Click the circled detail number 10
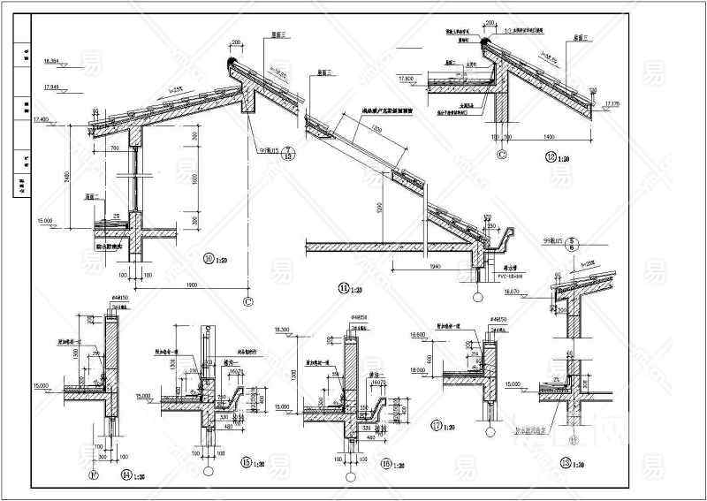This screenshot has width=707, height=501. [210, 259]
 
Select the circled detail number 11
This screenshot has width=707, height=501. [343, 287]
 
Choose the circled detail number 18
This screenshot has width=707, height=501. [566, 463]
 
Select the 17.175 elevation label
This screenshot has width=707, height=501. [612, 105]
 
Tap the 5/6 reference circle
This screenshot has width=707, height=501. [573, 241]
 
